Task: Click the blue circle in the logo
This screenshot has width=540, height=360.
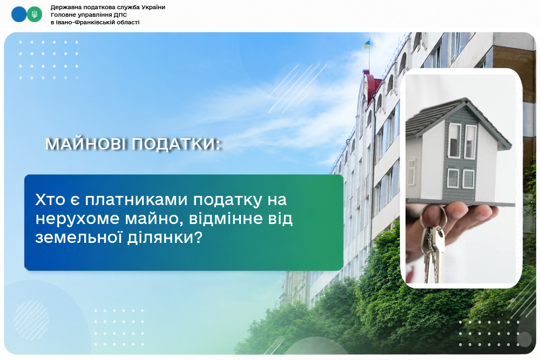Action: click(x=19, y=15)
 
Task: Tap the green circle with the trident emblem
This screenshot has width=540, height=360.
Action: click(x=35, y=15)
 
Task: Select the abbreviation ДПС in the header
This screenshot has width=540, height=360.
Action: click(x=120, y=15)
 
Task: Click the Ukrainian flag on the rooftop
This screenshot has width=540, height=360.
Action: click(x=367, y=44)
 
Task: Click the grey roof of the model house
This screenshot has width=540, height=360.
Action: click(x=458, y=120)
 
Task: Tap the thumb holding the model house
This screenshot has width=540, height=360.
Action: click(x=434, y=212)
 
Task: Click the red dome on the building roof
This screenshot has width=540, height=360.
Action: click(x=373, y=86)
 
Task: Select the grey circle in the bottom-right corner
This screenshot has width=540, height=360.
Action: click(x=524, y=339)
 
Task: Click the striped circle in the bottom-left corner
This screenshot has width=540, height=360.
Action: click(x=31, y=321)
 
